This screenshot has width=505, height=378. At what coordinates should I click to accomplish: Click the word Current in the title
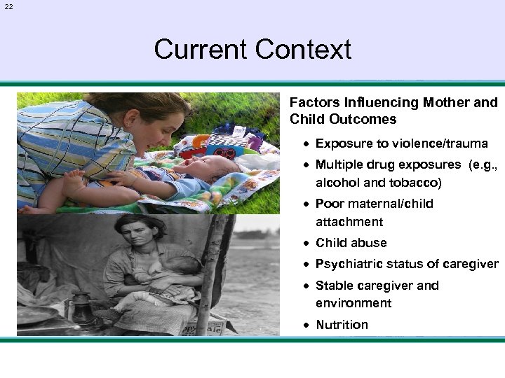pyautogui.click(x=201, y=50)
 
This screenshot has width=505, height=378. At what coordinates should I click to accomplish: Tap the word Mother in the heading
pyautogui.click(x=448, y=102)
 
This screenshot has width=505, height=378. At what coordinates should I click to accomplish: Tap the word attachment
pyautogui.click(x=349, y=222)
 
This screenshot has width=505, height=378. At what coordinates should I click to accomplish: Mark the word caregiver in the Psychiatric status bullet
pyautogui.click(x=471, y=264)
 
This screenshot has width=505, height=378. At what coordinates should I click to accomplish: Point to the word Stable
pyautogui.click(x=334, y=286)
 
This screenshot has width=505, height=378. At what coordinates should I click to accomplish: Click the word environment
pyautogui.click(x=353, y=303)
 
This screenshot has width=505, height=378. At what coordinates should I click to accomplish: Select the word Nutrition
pyautogui.click(x=342, y=325)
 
